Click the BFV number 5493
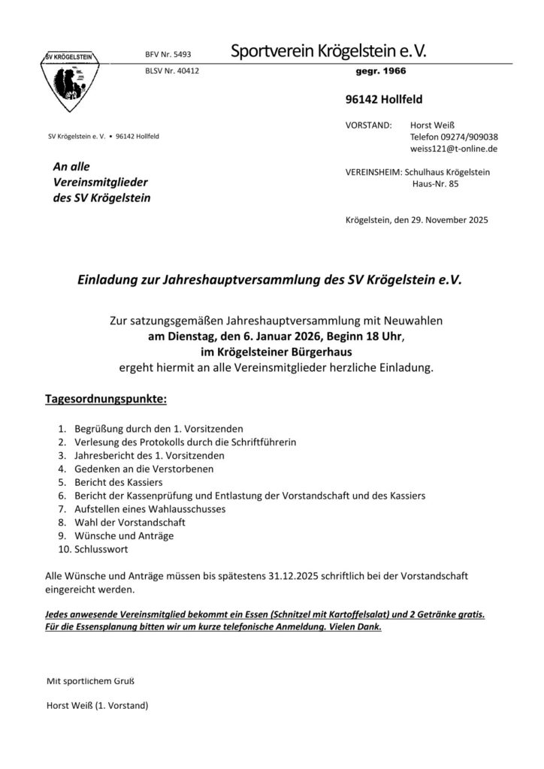point(172,55)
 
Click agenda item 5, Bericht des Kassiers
point(119,481)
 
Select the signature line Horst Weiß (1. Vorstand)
point(98,706)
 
